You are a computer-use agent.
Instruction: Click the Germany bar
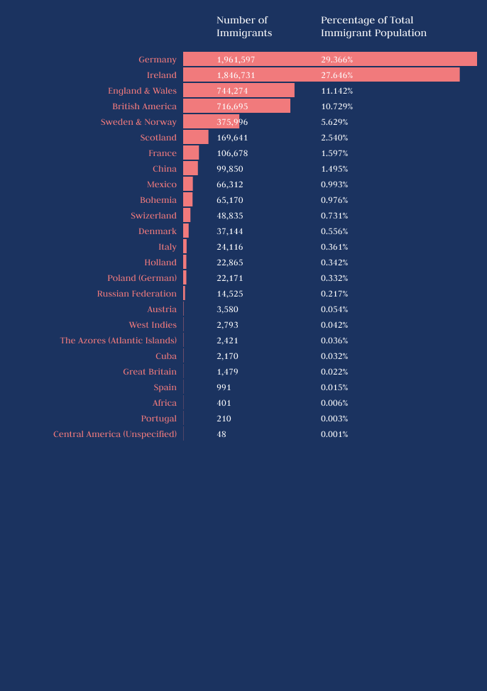click(329, 59)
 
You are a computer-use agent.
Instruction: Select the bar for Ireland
click(321, 74)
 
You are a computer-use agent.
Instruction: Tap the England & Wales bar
click(239, 90)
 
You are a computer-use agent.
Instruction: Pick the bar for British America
click(236, 106)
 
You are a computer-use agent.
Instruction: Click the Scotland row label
click(158, 138)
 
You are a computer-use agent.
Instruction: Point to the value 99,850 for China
click(230, 169)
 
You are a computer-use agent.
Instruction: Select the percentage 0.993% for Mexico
click(334, 184)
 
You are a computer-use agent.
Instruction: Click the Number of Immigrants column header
click(244, 26)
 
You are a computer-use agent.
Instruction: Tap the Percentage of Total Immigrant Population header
click(373, 26)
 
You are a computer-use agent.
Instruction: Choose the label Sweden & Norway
click(138, 122)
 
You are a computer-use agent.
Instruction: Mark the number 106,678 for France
click(232, 153)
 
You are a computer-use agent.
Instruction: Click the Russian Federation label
click(137, 294)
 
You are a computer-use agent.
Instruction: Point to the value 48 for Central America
click(221, 434)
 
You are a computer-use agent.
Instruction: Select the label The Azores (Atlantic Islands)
click(119, 341)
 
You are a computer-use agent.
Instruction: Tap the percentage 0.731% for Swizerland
click(334, 216)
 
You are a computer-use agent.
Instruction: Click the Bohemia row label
click(158, 200)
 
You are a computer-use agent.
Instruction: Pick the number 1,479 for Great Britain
click(227, 372)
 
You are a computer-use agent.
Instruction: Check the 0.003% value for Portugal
click(334, 419)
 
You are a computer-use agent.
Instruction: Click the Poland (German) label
click(142, 278)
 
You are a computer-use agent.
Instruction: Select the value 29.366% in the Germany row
click(337, 60)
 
